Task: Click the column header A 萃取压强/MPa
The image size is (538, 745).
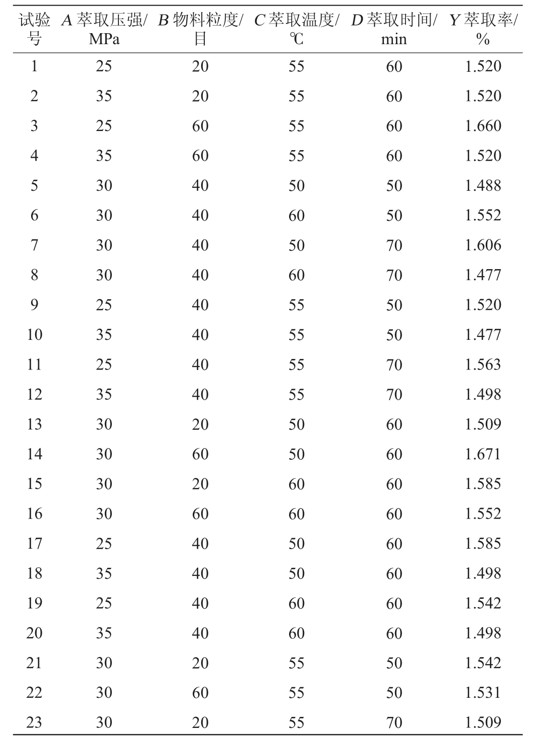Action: [104, 29]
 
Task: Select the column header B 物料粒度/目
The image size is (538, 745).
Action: [200, 29]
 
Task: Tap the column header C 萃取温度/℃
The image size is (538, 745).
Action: [296, 29]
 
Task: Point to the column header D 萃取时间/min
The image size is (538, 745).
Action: [394, 29]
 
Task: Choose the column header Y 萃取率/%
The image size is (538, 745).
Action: [483, 29]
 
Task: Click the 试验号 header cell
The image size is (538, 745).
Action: [34, 29]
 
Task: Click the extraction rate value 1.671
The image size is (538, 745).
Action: [483, 454]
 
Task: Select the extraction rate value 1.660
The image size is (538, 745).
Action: [483, 126]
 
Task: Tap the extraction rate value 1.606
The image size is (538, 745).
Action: [483, 245]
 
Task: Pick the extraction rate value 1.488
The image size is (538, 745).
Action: [483, 186]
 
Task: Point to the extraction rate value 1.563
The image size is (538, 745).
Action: [483, 365]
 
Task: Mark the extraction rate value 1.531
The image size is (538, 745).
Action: [483, 693]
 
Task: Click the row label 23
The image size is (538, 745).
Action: [34, 723]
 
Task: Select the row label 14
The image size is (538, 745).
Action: [34, 454]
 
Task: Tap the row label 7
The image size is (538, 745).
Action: [34, 245]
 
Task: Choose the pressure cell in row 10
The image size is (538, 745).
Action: [104, 335]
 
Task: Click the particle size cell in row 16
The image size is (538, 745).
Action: [200, 514]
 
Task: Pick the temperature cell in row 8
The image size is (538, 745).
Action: [296, 275]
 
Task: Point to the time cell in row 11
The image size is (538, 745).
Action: [394, 365]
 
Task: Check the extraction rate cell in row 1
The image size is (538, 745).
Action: [483, 66]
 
